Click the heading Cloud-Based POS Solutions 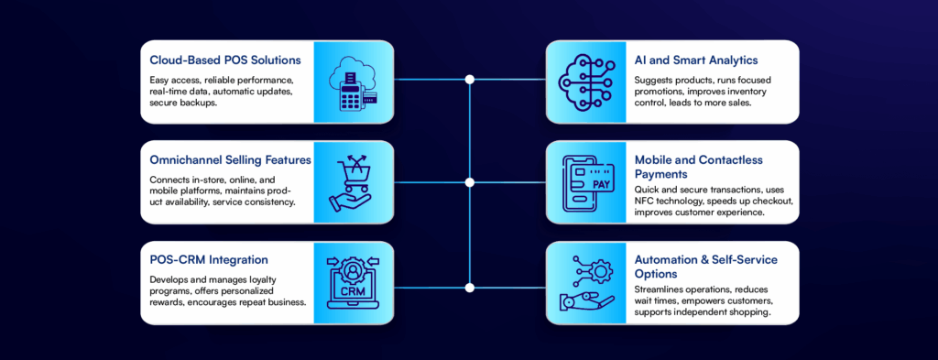[x=225, y=60]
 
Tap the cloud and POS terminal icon [x=354, y=81]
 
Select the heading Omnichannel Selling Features [x=230, y=159]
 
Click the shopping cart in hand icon [x=354, y=181]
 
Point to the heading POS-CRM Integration [x=210, y=260]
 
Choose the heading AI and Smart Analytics [x=695, y=60]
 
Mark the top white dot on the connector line [x=470, y=81]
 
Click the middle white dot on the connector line [x=470, y=181]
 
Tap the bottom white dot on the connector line [x=470, y=287]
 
